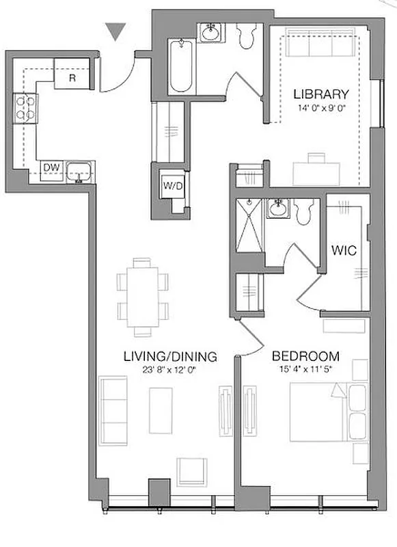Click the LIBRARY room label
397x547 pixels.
(321, 94)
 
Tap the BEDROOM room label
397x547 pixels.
(305, 356)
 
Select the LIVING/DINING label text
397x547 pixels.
(170, 356)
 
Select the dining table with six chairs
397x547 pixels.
(143, 297)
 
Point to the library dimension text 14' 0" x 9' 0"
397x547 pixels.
(321, 107)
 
